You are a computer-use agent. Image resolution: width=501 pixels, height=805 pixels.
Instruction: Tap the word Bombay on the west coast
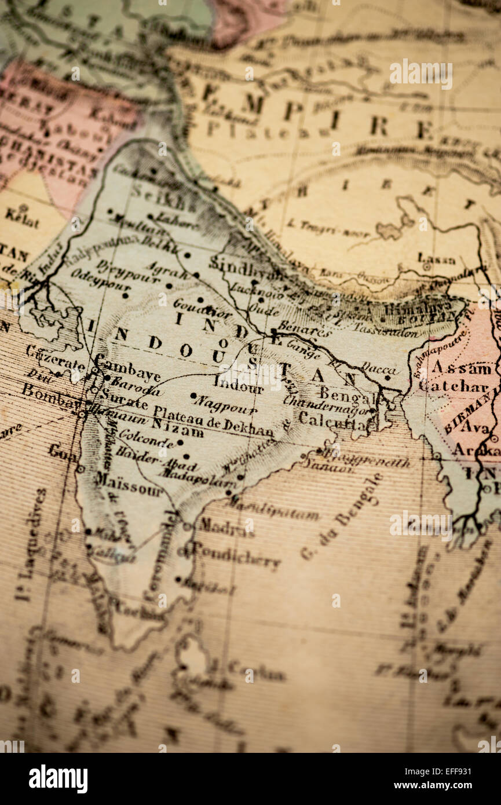pyautogui.click(x=49, y=396)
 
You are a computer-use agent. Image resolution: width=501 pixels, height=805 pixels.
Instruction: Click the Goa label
pyautogui.click(x=63, y=452)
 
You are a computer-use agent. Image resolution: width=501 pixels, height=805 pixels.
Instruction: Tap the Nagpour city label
pyautogui.click(x=226, y=404)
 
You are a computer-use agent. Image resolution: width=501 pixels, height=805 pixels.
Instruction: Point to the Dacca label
pyautogui.click(x=379, y=368)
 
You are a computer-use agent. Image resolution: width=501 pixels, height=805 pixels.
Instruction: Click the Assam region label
pyautogui.click(x=462, y=367)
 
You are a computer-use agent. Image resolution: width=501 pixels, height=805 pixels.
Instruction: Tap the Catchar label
pyautogui.click(x=454, y=386)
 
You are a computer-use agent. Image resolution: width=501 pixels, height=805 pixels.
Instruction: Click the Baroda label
pyautogui.click(x=136, y=385)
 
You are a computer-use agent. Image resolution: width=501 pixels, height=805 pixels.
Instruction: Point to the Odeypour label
pyautogui.click(x=93, y=281)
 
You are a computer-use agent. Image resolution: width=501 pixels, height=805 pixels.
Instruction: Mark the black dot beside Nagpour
pyautogui.click(x=193, y=396)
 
